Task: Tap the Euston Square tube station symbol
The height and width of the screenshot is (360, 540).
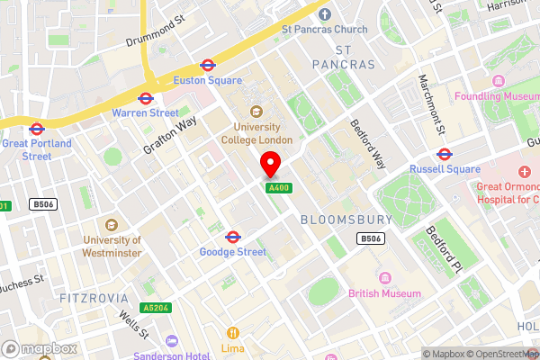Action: (x=207, y=65)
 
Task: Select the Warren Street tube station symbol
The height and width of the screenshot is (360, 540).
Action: (x=145, y=98)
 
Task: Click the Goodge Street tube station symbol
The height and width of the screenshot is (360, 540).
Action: (x=232, y=237)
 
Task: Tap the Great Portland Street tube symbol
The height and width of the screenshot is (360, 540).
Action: (x=37, y=128)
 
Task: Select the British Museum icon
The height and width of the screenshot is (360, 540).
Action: (x=386, y=278)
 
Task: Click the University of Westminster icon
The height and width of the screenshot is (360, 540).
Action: (x=112, y=225)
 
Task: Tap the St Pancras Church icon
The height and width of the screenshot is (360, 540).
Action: (x=325, y=13)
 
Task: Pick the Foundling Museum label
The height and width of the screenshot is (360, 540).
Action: (x=496, y=96)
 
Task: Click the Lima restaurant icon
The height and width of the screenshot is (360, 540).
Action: (x=233, y=332)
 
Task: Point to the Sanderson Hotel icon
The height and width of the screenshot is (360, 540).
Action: (x=172, y=341)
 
